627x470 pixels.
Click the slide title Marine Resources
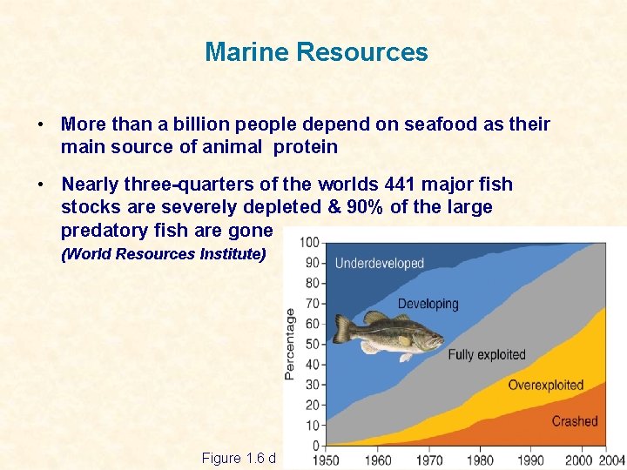316,52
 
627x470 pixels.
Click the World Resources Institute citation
163,255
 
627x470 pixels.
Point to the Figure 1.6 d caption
238,458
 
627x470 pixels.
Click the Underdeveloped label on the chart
379,263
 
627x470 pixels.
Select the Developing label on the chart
428,304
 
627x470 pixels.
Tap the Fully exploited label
486,354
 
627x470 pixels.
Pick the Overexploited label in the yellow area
545,385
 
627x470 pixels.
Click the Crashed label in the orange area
574,421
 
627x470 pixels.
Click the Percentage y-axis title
290,344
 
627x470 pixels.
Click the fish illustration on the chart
388,335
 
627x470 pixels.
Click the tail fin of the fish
342,329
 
